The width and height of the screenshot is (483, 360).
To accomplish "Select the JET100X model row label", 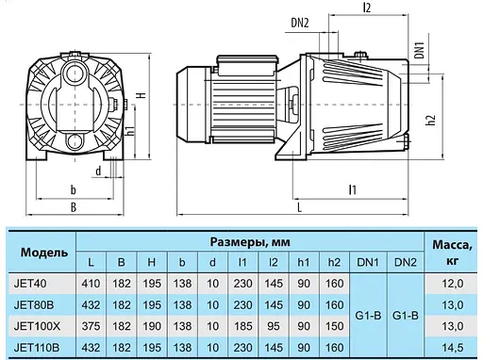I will point(39,326).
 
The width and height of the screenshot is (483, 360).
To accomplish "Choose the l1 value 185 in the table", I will point(242,326).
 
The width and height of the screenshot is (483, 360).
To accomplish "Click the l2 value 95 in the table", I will point(272,326).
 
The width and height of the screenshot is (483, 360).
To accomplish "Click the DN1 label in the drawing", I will point(420,49).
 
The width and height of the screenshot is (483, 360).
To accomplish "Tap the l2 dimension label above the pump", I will point(366,8).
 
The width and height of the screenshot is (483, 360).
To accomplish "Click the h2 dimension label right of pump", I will point(429,120).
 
